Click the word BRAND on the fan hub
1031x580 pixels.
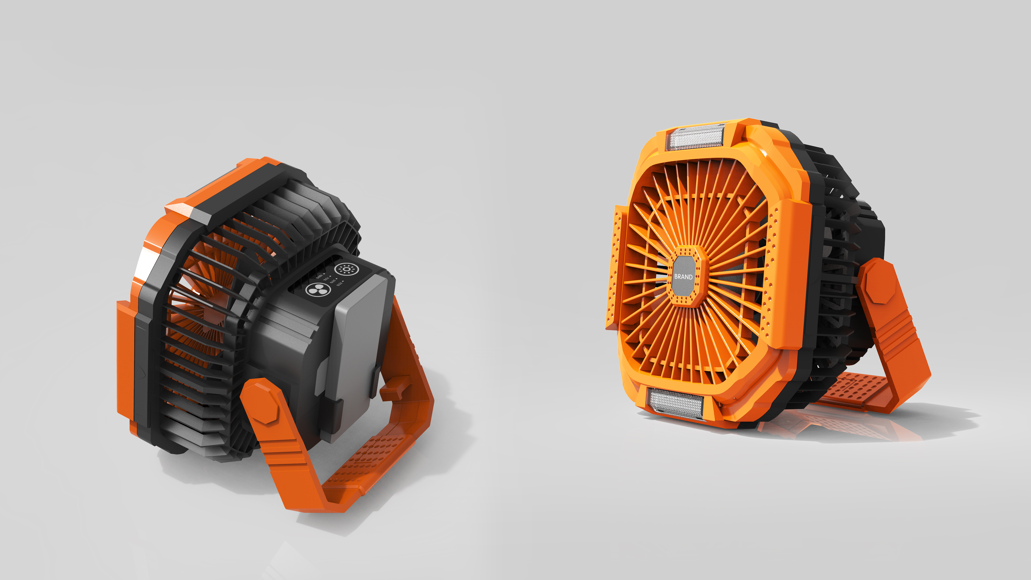click(683, 277)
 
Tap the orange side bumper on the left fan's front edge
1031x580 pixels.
click(126, 360)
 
